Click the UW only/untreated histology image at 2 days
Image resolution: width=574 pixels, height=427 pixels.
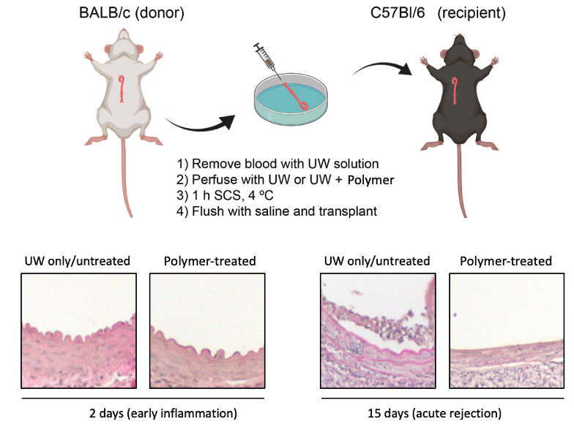[78, 329]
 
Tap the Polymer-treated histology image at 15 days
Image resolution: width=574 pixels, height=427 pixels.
[506, 329]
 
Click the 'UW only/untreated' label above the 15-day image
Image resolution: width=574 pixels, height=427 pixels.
[378, 261]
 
